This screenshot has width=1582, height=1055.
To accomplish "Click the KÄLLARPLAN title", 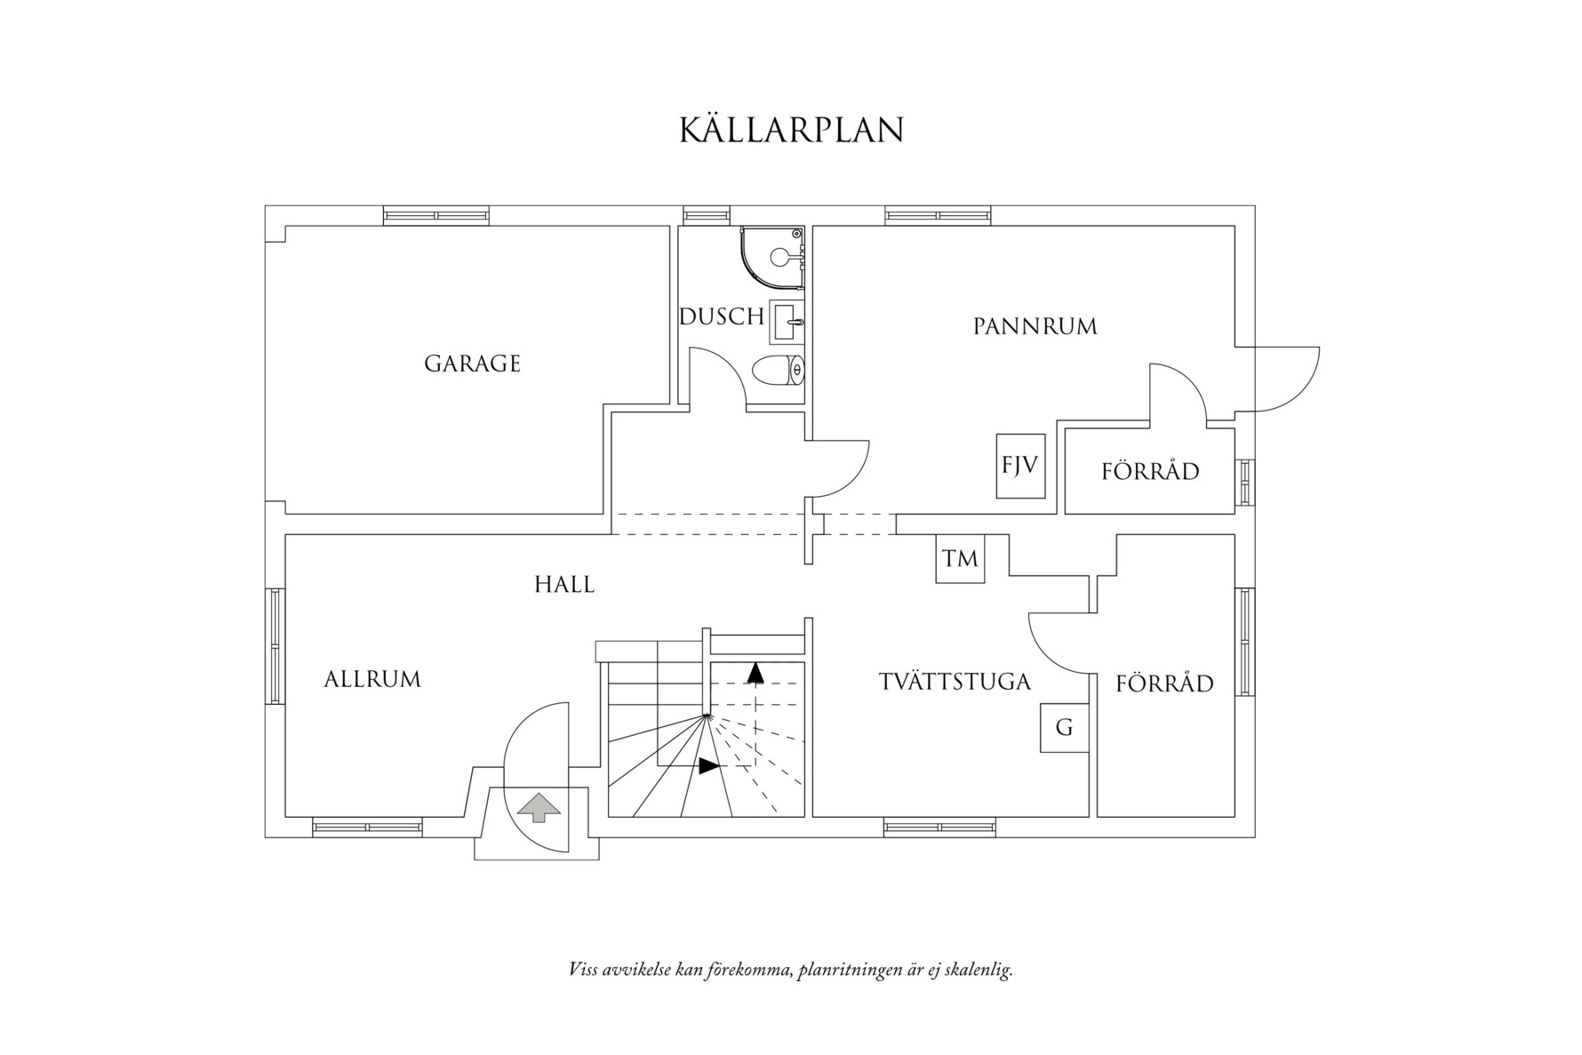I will (791, 130).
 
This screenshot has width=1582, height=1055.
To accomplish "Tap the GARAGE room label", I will (472, 364).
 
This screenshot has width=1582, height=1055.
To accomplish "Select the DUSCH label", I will (721, 316).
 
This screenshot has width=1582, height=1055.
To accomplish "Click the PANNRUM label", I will (1035, 326).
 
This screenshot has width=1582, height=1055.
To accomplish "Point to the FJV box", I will (1019, 465).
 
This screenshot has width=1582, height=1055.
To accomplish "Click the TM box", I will (960, 558).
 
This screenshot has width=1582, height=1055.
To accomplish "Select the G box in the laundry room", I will (1064, 728).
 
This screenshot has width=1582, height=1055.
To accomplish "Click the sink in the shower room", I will (787, 322).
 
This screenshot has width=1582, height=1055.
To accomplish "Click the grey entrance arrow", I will (539, 807).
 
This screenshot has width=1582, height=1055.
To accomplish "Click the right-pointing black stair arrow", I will (708, 765).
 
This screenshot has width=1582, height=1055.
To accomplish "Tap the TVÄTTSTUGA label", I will (955, 682).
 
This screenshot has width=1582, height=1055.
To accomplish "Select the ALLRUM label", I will (372, 679).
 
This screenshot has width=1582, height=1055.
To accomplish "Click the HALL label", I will (563, 584).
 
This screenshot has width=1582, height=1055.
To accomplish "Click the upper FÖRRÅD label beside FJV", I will (1149, 471).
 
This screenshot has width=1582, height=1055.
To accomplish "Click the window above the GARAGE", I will (436, 214).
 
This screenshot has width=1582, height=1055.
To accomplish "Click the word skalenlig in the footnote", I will (976, 970).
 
